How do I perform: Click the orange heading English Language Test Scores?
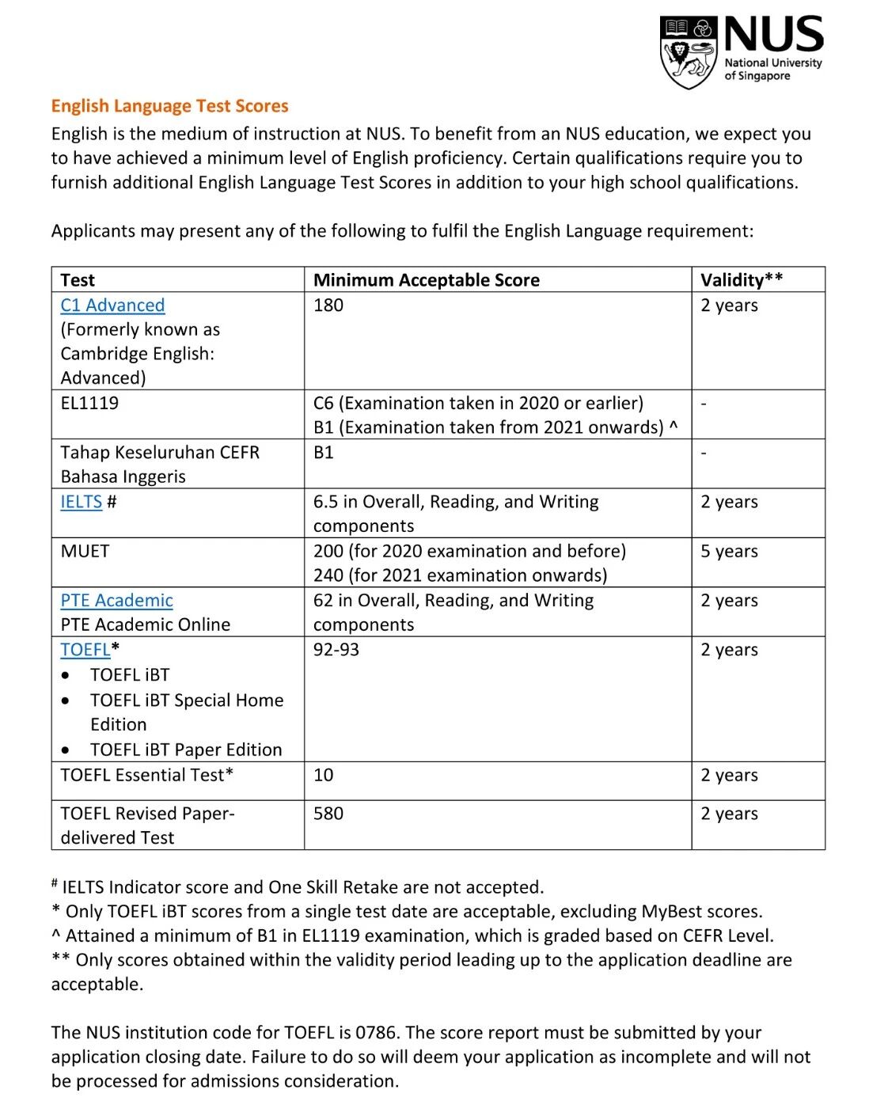point(169,106)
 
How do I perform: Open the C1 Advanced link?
point(112,306)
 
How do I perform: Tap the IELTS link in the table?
point(82,502)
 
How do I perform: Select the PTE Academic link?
point(116,601)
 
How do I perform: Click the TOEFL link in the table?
point(85,650)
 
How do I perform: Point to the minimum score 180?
point(328,306)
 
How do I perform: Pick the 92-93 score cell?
point(336,650)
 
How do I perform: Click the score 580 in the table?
point(328,814)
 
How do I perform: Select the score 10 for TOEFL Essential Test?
point(324,775)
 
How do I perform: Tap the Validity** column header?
point(742,279)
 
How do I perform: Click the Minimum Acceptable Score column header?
point(427,279)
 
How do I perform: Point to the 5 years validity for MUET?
point(729,551)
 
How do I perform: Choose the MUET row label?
point(85,551)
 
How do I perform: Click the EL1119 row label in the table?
point(89,403)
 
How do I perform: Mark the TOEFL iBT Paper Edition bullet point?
point(186,750)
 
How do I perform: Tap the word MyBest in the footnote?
point(670,911)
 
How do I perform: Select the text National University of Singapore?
point(772,70)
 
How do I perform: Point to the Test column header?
point(78,279)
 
